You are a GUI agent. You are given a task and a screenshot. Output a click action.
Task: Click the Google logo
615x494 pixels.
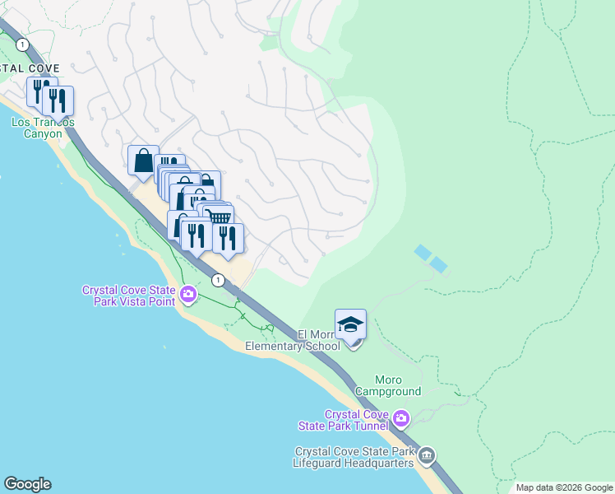[x=28, y=484]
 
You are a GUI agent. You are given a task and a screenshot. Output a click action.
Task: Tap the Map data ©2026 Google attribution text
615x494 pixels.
[x=564, y=487]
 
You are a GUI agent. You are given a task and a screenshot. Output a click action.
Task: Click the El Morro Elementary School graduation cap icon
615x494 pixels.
[x=351, y=324]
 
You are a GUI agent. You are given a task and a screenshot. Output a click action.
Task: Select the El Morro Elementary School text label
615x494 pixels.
[x=293, y=341]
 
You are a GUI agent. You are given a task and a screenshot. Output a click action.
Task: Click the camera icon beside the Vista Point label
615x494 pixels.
[x=189, y=294]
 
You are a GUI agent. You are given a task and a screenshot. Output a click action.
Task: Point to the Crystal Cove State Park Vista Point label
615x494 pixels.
[x=130, y=295]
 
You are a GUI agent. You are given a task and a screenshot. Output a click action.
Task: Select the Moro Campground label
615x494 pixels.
[x=387, y=386]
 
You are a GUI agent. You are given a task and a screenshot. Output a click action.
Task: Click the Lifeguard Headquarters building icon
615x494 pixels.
[x=427, y=455]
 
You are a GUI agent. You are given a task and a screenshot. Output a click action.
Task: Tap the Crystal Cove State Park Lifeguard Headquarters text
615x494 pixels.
[x=357, y=457]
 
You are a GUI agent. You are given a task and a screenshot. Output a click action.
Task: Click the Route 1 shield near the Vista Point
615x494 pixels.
[x=217, y=281]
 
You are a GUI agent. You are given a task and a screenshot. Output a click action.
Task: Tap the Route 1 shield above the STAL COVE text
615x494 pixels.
[x=22, y=44]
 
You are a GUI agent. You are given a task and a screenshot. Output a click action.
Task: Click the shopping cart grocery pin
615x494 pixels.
[x=219, y=217]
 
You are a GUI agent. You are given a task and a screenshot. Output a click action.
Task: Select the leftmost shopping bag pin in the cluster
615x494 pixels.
[x=143, y=160]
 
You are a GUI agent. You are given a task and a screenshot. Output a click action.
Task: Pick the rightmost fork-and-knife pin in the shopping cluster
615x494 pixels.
[x=228, y=238]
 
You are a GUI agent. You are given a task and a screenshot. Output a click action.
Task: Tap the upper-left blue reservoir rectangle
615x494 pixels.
[x=423, y=252]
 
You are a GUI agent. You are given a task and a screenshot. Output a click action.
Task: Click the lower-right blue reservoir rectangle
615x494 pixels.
[x=439, y=265]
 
